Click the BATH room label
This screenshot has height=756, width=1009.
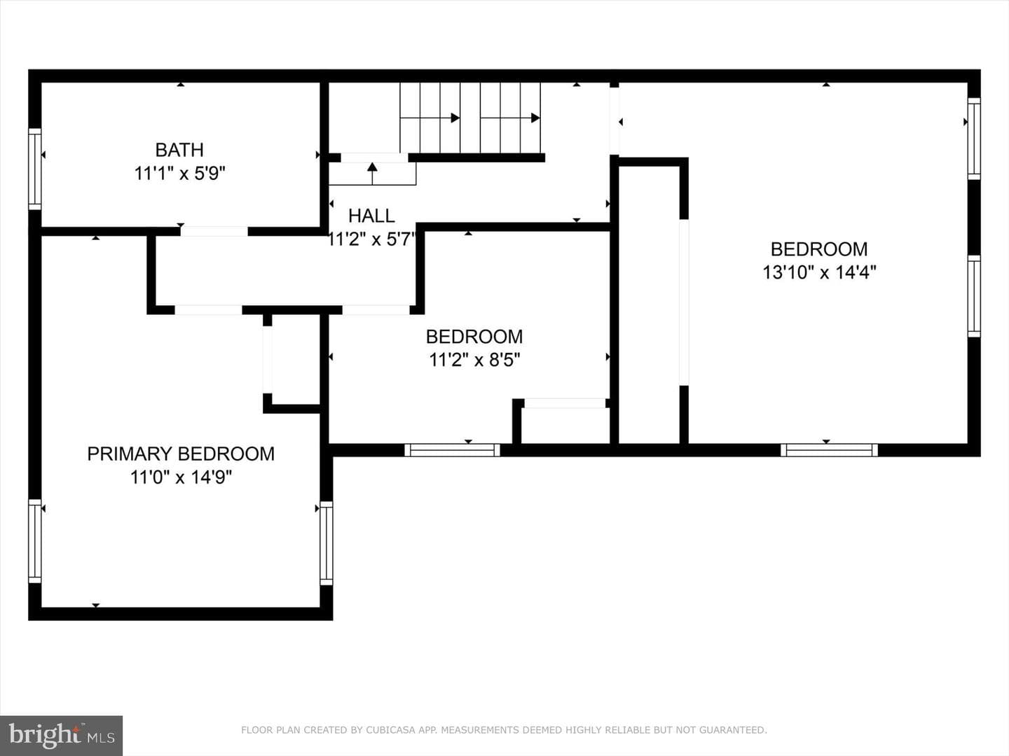179,150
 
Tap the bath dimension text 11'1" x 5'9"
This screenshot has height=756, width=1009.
180,174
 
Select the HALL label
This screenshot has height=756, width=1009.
371,216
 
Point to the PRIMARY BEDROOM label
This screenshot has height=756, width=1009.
181,454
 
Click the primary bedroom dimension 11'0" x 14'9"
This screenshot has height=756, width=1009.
181,478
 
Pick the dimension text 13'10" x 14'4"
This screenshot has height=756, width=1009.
819,273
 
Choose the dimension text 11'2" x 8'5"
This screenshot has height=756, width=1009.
474,360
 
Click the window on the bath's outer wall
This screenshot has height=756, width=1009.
35,169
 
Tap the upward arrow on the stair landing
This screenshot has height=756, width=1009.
372,173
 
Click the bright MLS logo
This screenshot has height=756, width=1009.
61,736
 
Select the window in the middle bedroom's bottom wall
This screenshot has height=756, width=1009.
453,450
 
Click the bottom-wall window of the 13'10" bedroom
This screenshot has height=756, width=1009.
829,450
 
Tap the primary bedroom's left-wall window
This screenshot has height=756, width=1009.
35,541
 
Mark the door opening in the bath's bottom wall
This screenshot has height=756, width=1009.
214,231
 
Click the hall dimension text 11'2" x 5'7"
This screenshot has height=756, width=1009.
371,239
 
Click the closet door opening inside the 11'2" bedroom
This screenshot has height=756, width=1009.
565,403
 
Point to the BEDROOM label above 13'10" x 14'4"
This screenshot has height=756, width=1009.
819,249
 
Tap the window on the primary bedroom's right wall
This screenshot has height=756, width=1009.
327,543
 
